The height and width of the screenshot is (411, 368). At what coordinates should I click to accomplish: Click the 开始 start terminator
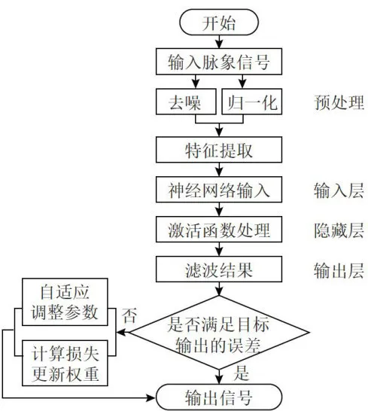(219, 23)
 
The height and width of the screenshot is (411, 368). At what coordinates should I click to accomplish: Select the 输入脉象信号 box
(219, 62)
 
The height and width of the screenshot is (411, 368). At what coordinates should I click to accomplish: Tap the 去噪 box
(186, 102)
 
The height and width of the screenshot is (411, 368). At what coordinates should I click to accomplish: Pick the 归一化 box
(252, 102)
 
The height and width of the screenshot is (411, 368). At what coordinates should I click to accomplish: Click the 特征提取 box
(219, 150)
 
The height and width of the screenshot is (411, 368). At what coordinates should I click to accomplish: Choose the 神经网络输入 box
(219, 190)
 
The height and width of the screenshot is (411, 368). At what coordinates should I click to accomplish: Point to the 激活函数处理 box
(219, 230)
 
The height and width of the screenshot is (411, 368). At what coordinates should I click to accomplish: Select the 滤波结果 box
(219, 269)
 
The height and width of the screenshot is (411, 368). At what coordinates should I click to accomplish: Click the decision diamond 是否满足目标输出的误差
(219, 333)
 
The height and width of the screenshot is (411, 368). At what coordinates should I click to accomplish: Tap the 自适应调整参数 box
(65, 302)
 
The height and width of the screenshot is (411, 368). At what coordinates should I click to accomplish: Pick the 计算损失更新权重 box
(65, 363)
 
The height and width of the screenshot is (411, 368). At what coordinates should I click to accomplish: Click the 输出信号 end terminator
(219, 397)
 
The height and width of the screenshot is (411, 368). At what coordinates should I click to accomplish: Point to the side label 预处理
(339, 102)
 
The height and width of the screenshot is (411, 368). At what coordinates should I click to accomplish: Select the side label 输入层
(339, 190)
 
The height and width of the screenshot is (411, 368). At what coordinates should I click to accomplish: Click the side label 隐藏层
(339, 230)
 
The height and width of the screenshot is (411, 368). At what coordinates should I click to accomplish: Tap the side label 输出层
(339, 270)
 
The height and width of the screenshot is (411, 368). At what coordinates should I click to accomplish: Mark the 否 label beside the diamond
(129, 315)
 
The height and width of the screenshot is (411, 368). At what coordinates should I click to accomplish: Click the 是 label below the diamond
(241, 373)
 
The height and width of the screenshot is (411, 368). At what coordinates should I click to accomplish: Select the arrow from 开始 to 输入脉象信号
(219, 41)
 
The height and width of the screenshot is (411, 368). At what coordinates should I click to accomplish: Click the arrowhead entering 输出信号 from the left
(151, 398)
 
